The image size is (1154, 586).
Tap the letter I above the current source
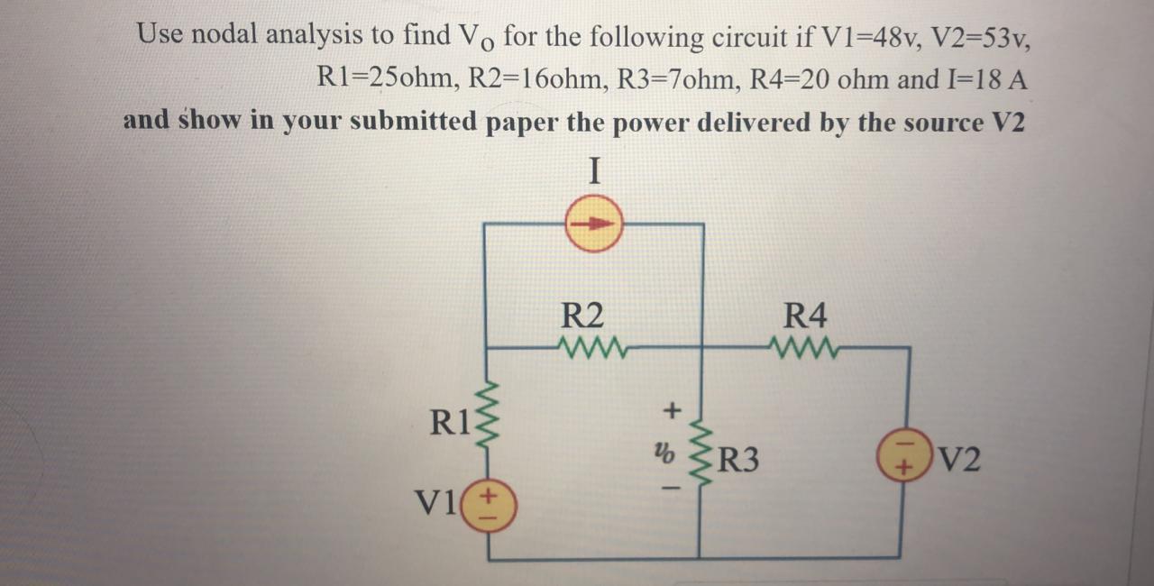pos(594,170)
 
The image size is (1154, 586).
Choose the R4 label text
pos(805,316)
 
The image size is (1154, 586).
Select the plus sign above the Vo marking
pos(670,411)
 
